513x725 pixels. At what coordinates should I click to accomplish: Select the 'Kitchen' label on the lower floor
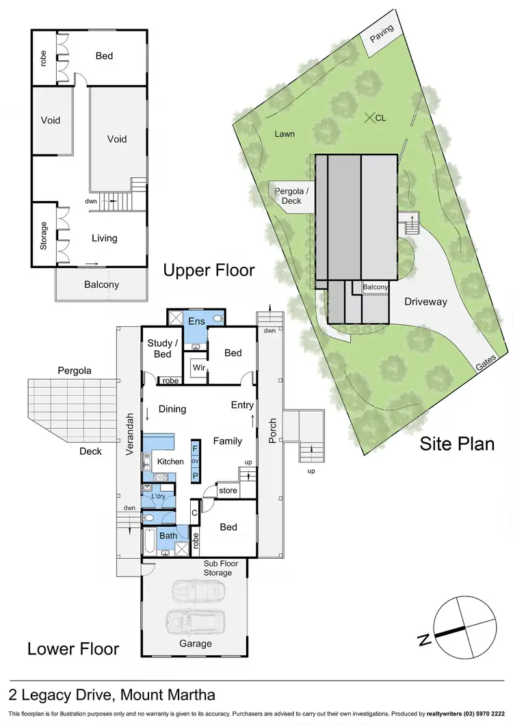pos(170,462)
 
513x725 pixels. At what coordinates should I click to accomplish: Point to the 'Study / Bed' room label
pos(163,348)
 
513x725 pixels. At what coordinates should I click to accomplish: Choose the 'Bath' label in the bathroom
pos(168,536)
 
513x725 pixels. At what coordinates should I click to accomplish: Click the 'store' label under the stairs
pos(227,490)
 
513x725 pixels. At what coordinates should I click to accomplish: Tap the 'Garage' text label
pos(196,643)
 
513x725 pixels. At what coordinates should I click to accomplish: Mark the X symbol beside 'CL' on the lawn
pos(369,118)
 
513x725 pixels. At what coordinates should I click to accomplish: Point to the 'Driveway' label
pos(425,301)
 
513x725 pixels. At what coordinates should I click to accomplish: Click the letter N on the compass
pos(425,640)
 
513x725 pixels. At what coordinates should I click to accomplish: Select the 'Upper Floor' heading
pos(209,270)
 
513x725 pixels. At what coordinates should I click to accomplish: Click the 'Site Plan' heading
pos(456,443)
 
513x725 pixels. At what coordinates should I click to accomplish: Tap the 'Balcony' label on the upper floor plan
pos(101,285)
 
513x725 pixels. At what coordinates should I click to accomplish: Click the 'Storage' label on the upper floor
pos(44,235)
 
